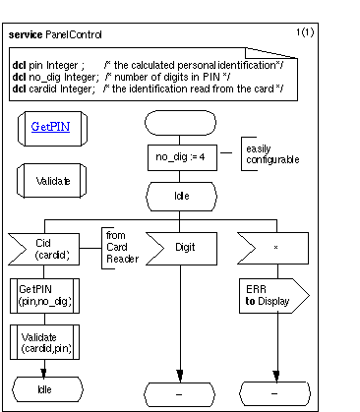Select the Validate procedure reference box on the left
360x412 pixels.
click(52, 181)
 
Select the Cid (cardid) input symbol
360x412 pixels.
click(46, 248)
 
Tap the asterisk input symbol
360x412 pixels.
click(275, 248)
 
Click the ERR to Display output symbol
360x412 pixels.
click(271, 295)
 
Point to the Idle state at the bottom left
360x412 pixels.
click(43, 390)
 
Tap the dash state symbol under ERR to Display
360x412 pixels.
click(275, 393)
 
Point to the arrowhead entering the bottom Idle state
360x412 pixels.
click(43, 374)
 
